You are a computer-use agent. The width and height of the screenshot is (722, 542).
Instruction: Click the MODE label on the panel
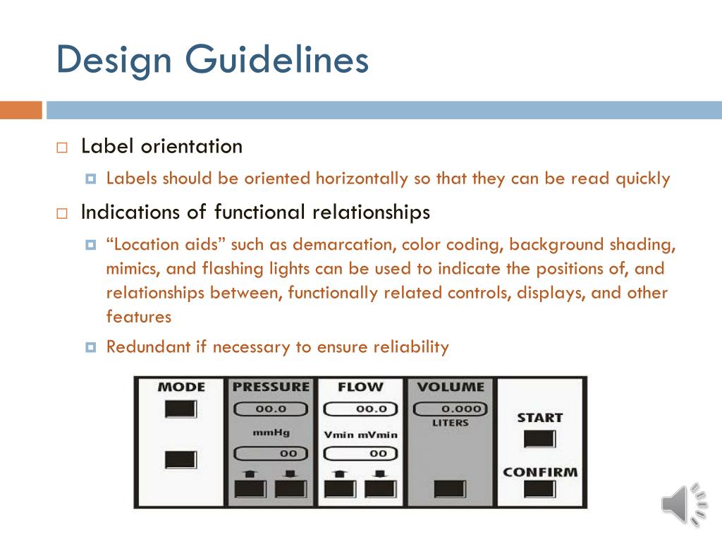click(x=181, y=387)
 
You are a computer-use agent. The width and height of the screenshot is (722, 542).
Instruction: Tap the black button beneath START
click(x=539, y=439)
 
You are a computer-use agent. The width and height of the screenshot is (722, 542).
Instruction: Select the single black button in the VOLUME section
click(x=450, y=488)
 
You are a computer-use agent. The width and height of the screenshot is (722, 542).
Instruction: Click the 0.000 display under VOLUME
click(x=451, y=409)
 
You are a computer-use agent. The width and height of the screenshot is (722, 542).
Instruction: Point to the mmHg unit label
click(x=271, y=432)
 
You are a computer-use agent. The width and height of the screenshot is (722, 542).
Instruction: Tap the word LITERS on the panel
click(x=450, y=423)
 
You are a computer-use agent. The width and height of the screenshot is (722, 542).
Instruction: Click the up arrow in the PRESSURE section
click(x=251, y=473)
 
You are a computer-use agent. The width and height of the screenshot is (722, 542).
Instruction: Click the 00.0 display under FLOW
click(x=361, y=409)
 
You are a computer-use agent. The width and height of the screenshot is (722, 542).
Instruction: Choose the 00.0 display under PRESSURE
click(x=271, y=409)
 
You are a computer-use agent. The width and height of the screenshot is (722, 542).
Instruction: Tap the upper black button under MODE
click(x=181, y=409)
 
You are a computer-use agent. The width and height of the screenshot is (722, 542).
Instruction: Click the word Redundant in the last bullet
click(x=139, y=347)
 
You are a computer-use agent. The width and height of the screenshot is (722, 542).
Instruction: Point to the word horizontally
click(x=362, y=179)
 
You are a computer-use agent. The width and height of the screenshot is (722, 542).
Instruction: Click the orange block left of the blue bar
click(x=20, y=110)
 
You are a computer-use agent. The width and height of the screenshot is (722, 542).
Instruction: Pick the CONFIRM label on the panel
click(x=539, y=471)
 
